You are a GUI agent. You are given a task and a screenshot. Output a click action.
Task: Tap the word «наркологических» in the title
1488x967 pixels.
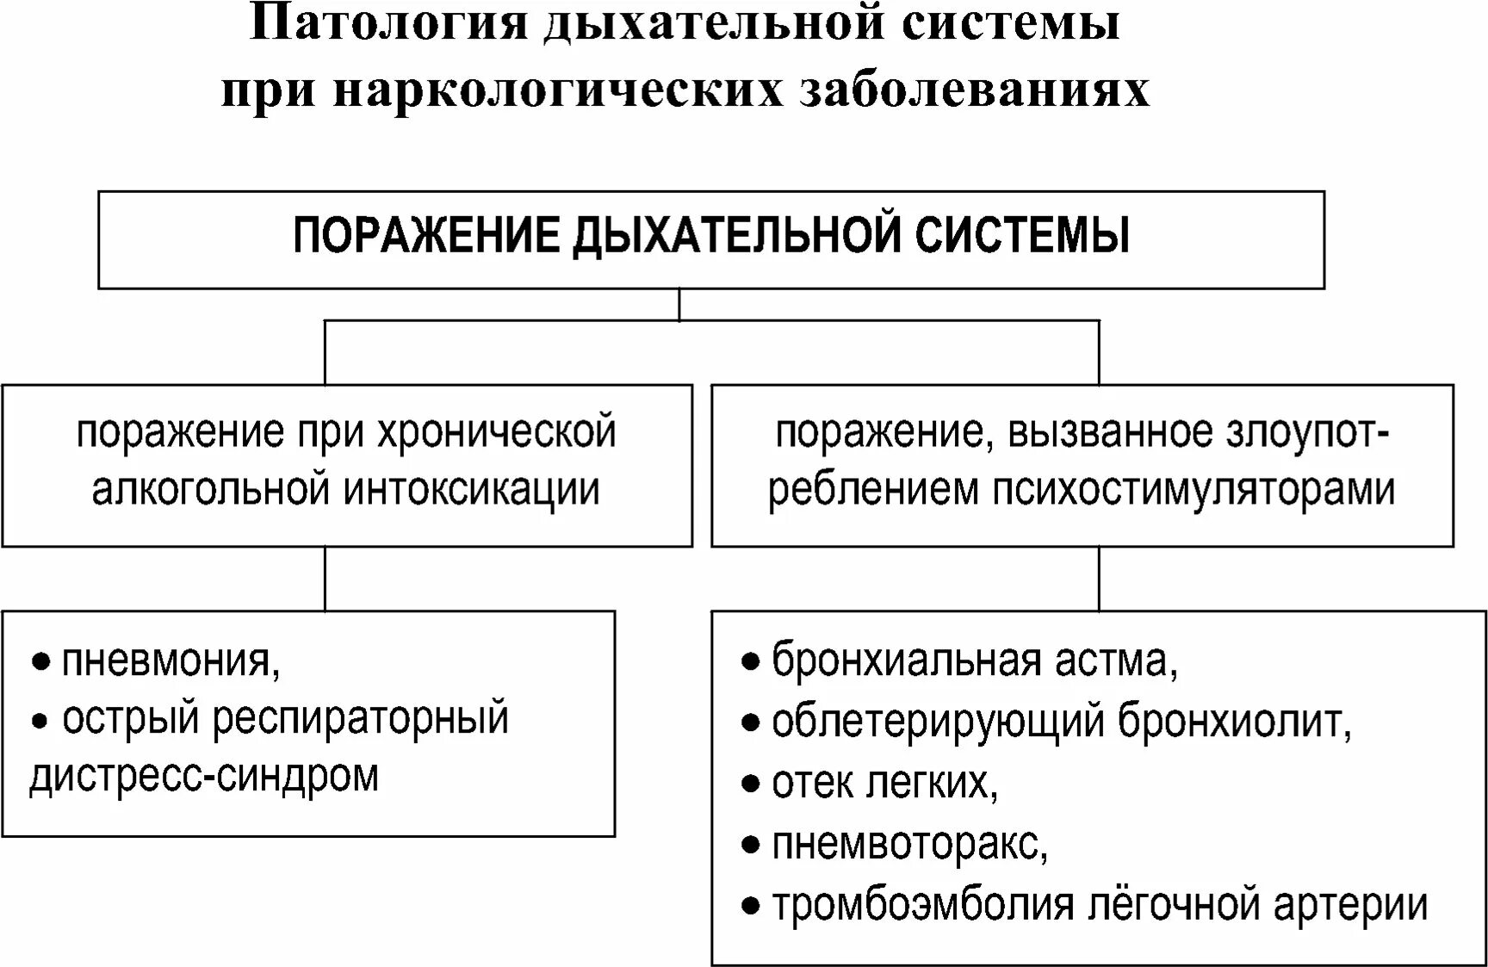pos(557,89)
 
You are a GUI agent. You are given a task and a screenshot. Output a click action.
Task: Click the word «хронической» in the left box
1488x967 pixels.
pos(497,431)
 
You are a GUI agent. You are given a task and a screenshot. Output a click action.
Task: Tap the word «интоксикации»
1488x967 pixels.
pos(472,489)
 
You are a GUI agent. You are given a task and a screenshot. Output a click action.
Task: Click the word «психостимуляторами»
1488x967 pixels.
pos(1194,489)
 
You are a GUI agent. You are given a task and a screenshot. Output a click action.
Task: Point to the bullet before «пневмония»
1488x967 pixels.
pos(40,663)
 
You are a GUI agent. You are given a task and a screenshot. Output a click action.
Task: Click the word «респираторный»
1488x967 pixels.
pos(360,720)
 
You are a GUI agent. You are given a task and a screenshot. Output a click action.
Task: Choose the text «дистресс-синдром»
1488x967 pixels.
pos(204,776)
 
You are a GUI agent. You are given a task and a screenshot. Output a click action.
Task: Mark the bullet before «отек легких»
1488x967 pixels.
pos(751,784)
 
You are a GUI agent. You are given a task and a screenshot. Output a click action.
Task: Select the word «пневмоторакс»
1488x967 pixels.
pos(908,844)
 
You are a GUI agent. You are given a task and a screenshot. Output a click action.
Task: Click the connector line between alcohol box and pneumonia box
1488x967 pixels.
pos(325,579)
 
